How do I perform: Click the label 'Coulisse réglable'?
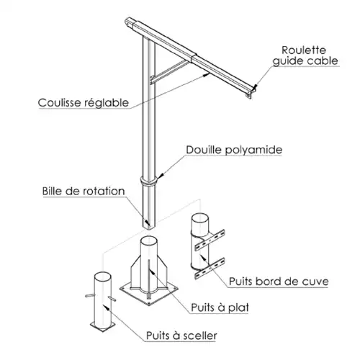coord(84,103)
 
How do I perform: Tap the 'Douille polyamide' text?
coord(234,150)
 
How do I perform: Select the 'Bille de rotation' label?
coord(84,192)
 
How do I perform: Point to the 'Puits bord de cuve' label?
coord(279,282)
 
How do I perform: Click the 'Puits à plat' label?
coord(220,307)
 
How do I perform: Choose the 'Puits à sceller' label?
coord(181,336)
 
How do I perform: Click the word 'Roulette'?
coord(304,50)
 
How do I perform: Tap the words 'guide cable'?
coord(305,61)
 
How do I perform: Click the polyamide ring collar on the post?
coord(149,181)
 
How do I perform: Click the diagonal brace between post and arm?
coord(169,72)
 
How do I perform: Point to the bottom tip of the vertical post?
coord(149,229)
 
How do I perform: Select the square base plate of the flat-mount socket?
coord(149,293)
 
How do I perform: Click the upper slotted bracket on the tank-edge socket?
coord(210,240)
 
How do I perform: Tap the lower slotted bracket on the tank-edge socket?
coord(210,269)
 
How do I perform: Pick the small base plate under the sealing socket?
coord(103,326)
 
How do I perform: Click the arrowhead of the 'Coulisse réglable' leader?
coord(206,75)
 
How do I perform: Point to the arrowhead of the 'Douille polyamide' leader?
coord(161,176)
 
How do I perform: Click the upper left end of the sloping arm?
coord(127,22)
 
